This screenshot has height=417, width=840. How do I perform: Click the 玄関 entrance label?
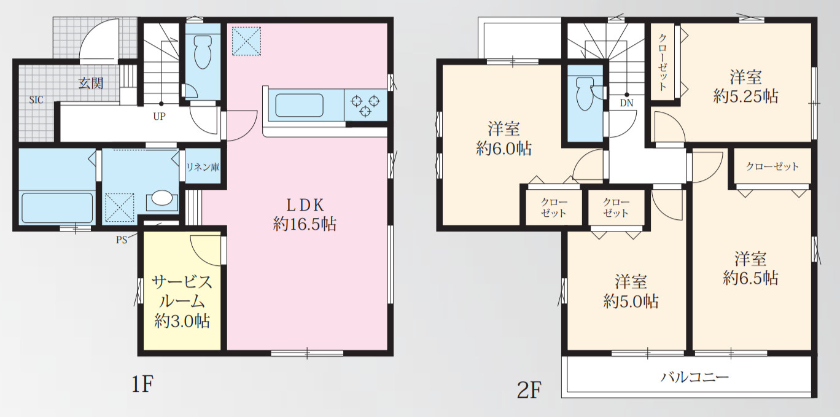point(91,84)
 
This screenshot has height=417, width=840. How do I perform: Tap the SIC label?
point(36,99)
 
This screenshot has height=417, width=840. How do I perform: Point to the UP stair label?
point(160,116)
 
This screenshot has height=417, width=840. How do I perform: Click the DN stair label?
point(627,103)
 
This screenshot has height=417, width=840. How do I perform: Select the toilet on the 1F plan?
point(203,52)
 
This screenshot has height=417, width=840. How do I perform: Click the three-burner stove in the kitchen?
point(365,106)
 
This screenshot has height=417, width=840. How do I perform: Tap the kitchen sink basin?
point(299,106)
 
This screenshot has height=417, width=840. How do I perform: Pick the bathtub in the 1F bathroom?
point(57,208)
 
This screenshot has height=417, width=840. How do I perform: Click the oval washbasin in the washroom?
point(162,198)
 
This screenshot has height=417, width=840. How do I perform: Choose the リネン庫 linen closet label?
point(203,167)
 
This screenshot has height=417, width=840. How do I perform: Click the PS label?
point(122,240)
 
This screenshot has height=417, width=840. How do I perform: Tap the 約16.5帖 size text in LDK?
point(305,224)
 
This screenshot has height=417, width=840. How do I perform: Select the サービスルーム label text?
point(182,292)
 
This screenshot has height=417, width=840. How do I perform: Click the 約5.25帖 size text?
point(745,97)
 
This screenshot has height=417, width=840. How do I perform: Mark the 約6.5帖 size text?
point(750,278)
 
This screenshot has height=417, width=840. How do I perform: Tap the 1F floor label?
point(142,384)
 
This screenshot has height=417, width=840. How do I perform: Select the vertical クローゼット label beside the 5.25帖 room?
point(663,62)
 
